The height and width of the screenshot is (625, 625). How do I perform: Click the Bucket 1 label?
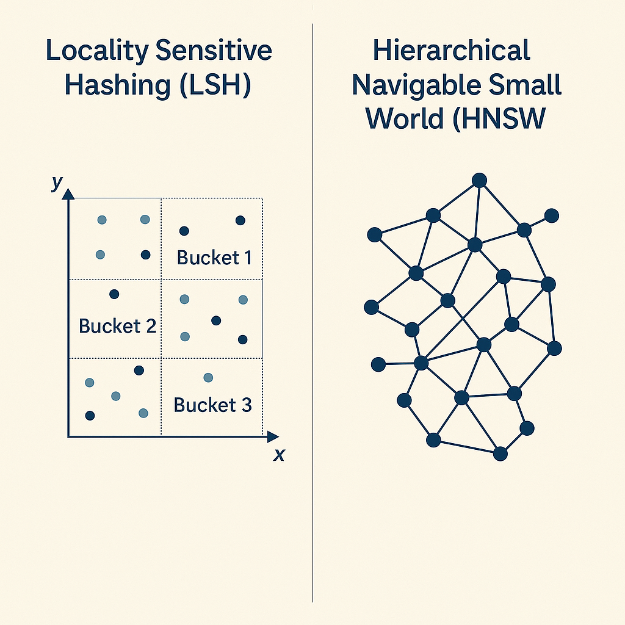tap(214, 257)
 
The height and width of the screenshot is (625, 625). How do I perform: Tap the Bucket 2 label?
tap(117, 326)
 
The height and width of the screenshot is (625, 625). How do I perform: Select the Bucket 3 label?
tap(212, 405)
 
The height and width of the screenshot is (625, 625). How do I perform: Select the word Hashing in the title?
tap(115, 85)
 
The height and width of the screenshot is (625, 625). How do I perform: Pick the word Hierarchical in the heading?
tap(452, 51)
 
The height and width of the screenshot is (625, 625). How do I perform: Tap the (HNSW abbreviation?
tap(497, 119)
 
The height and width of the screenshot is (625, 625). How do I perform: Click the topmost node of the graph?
tap(480, 180)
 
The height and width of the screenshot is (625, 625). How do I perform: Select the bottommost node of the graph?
tap(500, 453)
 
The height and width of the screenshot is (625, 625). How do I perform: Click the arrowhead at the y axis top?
tap(68, 193)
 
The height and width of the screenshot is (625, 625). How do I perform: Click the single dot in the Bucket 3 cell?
tap(208, 378)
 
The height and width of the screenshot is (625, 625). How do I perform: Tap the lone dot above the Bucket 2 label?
tap(114, 294)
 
